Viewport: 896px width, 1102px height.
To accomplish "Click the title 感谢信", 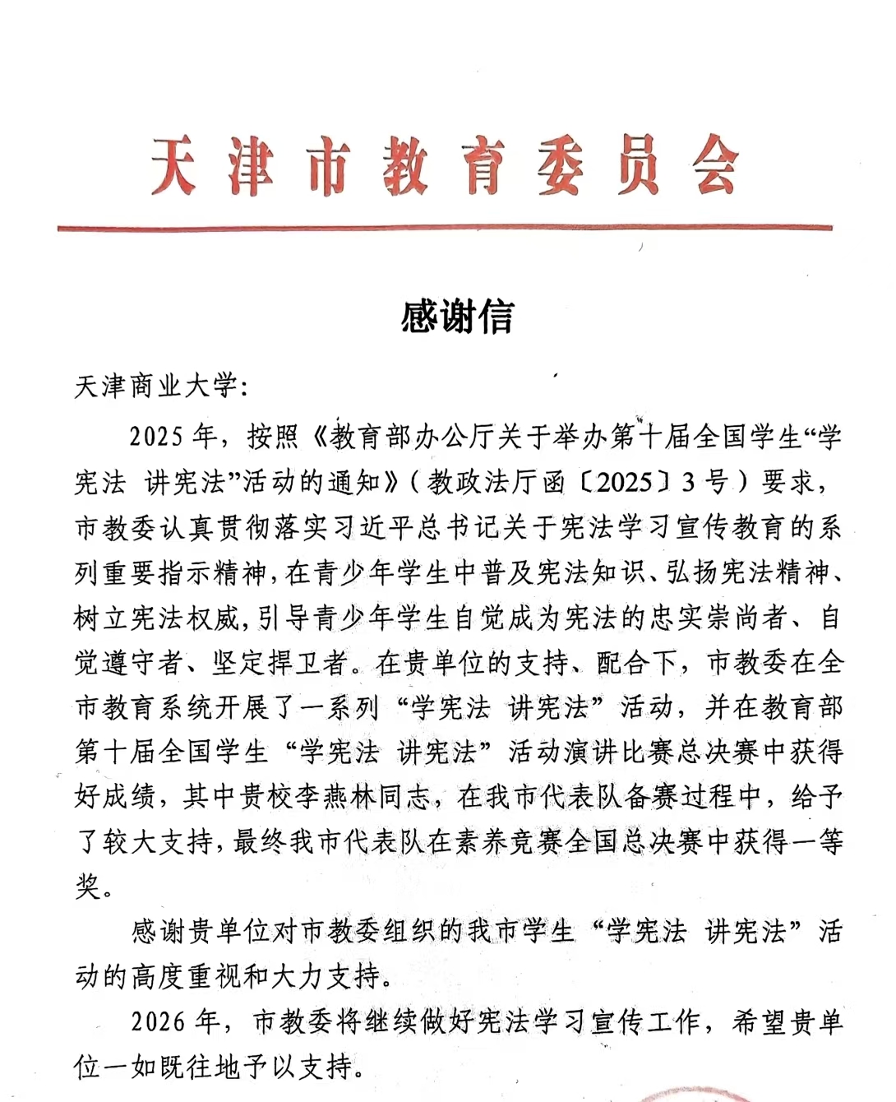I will click(457, 316).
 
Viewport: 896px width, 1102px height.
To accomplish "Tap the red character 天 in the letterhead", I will click(173, 168).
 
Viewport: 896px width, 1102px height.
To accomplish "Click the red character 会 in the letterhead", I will click(714, 168).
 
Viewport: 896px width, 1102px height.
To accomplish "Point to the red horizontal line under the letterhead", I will click(444, 228).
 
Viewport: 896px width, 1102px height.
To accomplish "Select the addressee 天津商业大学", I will click(155, 386).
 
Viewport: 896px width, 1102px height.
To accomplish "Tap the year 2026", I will click(158, 1021).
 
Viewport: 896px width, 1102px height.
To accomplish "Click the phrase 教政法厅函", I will click(496, 482).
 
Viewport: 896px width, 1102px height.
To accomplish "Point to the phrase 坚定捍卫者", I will click(281, 662).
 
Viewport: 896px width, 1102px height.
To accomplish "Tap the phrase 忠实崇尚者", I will click(718, 617).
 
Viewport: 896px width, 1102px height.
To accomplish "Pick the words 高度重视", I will click(186, 976).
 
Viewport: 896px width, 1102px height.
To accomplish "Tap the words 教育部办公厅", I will click(400, 437).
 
